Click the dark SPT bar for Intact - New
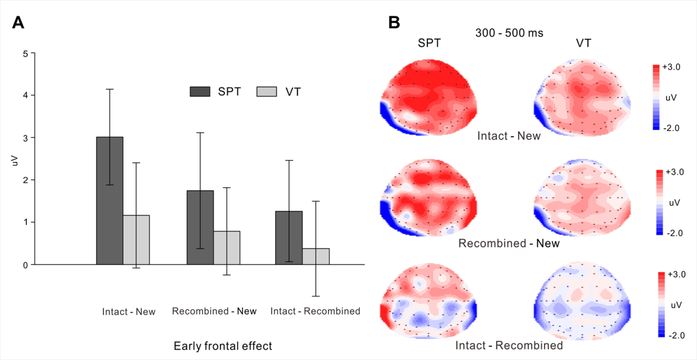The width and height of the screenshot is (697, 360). (x=109, y=200)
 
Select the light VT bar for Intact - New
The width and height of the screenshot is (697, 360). (x=136, y=239)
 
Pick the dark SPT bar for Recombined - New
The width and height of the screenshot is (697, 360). (x=200, y=227)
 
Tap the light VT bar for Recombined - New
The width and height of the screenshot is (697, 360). (x=227, y=248)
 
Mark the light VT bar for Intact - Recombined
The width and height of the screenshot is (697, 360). (x=316, y=256)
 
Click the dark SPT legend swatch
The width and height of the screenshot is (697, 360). (x=200, y=91)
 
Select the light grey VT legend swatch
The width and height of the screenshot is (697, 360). (x=266, y=91)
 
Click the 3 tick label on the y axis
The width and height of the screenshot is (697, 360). (x=25, y=138)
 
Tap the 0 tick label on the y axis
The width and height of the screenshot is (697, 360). (x=25, y=265)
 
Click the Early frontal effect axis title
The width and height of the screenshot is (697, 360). (x=223, y=346)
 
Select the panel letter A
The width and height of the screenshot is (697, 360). (x=18, y=23)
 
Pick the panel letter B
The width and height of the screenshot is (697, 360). (x=394, y=23)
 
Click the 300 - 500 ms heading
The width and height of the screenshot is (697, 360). (x=509, y=33)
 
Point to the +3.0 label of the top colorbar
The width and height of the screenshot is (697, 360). (x=672, y=67)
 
